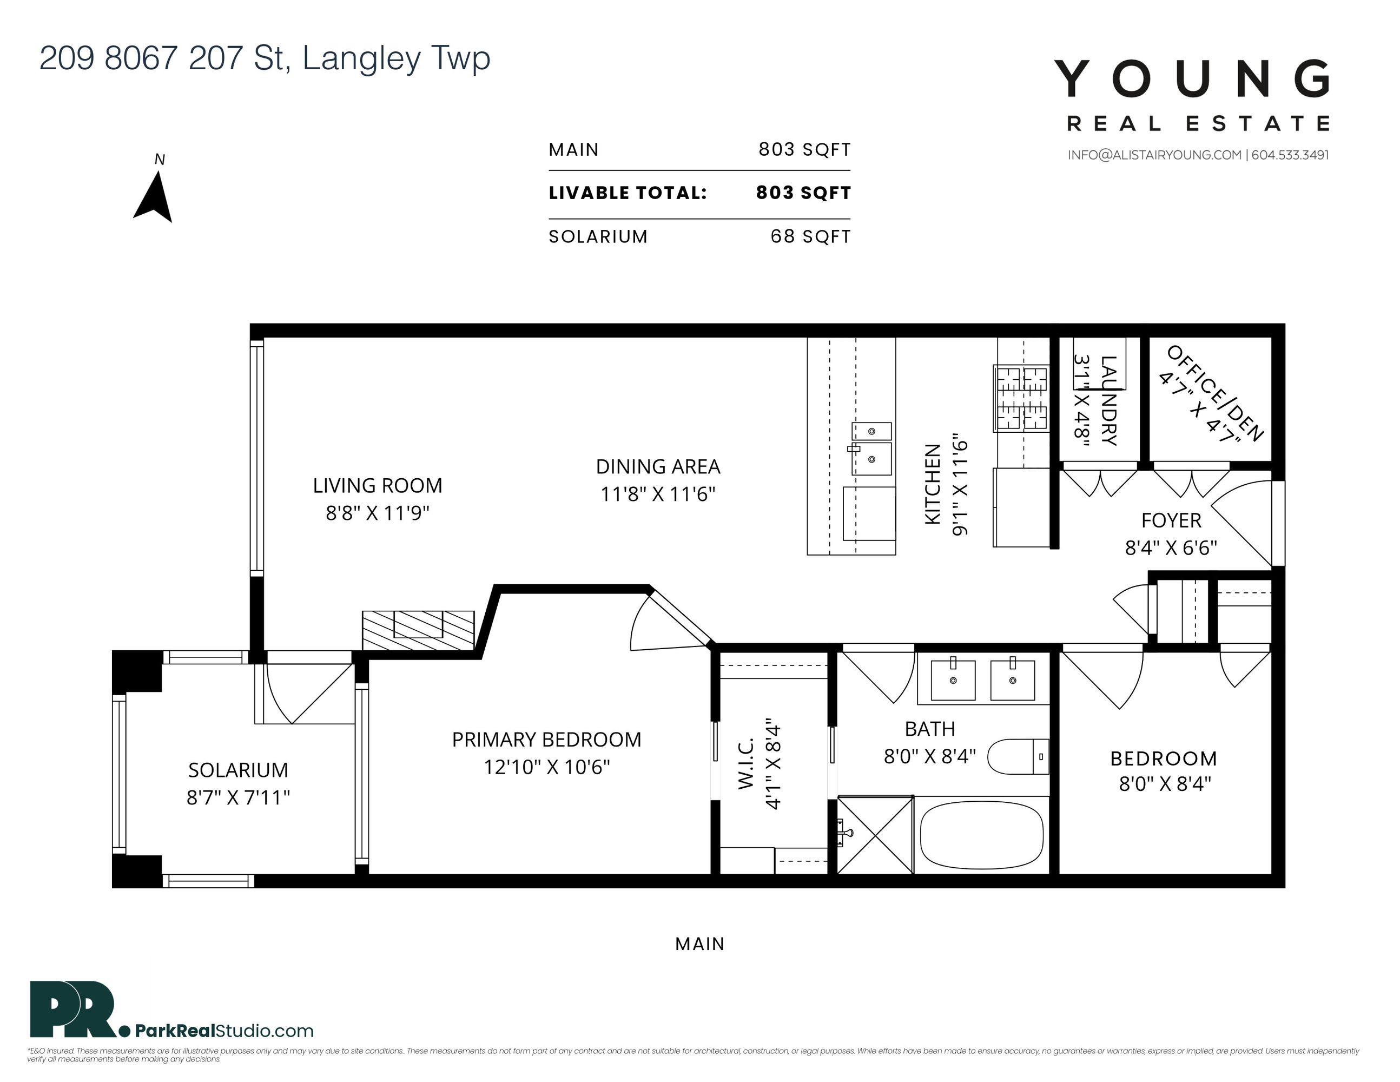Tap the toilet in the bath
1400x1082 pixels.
coord(1018,757)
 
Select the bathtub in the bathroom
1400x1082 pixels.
coord(981,835)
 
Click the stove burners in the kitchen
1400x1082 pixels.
coord(1021,398)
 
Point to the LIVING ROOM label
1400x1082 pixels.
coord(378,486)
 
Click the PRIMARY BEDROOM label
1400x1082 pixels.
coord(546,740)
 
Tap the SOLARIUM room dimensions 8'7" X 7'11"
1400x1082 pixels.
coord(239,797)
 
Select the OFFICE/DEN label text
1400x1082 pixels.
coord(1215,393)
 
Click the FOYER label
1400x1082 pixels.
coord(1171,520)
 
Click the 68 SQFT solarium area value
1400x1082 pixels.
coord(810,236)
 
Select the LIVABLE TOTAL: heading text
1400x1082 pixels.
coord(628,193)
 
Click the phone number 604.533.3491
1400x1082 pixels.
coord(1290,155)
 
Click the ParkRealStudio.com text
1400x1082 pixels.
coord(224,1031)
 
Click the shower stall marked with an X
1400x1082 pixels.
coord(875,835)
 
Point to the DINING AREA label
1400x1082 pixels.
coord(658,467)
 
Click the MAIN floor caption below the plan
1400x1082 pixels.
coord(700,944)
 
